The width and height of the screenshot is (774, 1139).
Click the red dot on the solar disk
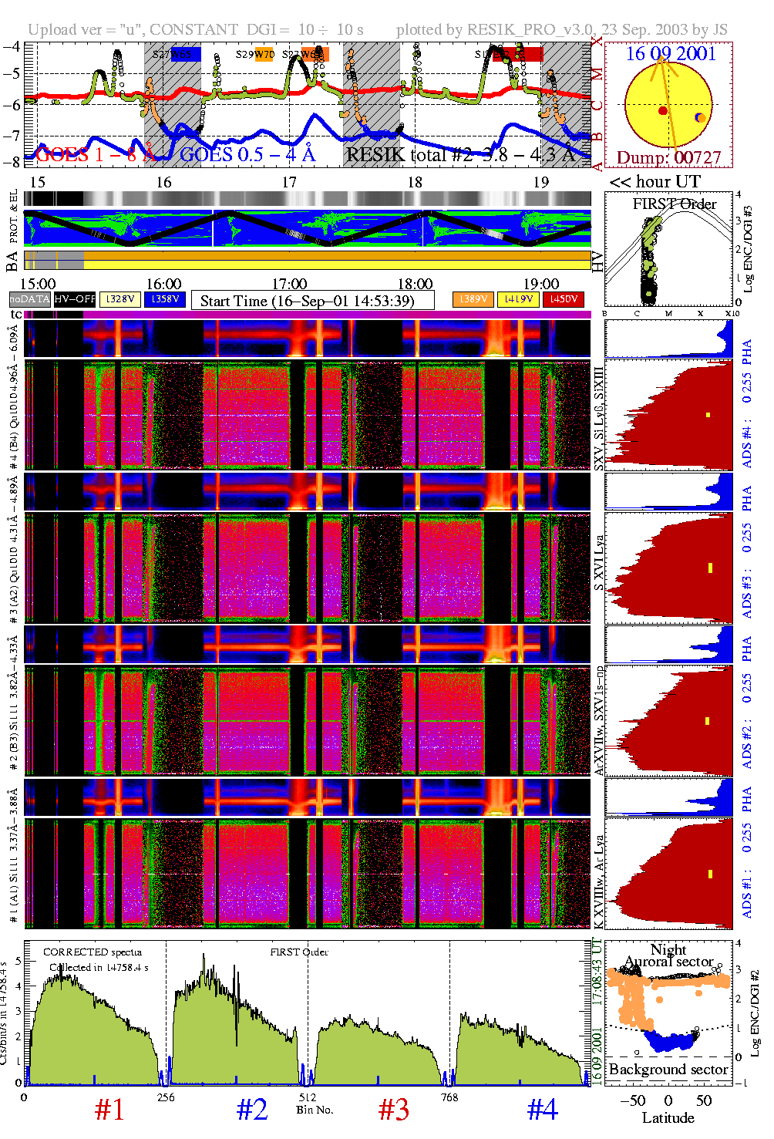point(663,111)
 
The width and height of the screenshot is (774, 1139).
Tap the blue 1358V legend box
point(165,299)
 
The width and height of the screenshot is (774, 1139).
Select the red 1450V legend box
point(564,299)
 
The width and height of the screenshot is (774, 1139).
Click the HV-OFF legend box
point(75,299)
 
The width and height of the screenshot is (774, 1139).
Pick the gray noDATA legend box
point(30,299)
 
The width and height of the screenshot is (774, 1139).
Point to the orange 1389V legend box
point(473,299)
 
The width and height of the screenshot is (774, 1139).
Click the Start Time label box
point(312,301)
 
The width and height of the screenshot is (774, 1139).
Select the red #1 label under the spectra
point(109,1110)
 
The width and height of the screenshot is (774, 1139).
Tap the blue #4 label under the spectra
point(542,1110)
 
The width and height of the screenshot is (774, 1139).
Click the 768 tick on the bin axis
point(449,1097)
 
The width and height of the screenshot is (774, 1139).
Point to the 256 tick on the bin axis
point(166,1097)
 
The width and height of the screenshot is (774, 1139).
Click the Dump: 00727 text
point(668,158)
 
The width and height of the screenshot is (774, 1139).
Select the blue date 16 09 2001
point(671,54)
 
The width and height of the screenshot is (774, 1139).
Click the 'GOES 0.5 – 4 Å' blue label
point(247,154)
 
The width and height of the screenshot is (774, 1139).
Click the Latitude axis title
point(668,1117)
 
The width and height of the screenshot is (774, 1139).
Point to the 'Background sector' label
point(668,1070)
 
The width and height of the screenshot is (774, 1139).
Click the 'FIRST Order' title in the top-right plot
point(675,204)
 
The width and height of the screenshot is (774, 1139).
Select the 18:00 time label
point(415,285)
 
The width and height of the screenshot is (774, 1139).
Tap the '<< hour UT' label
point(655,182)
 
